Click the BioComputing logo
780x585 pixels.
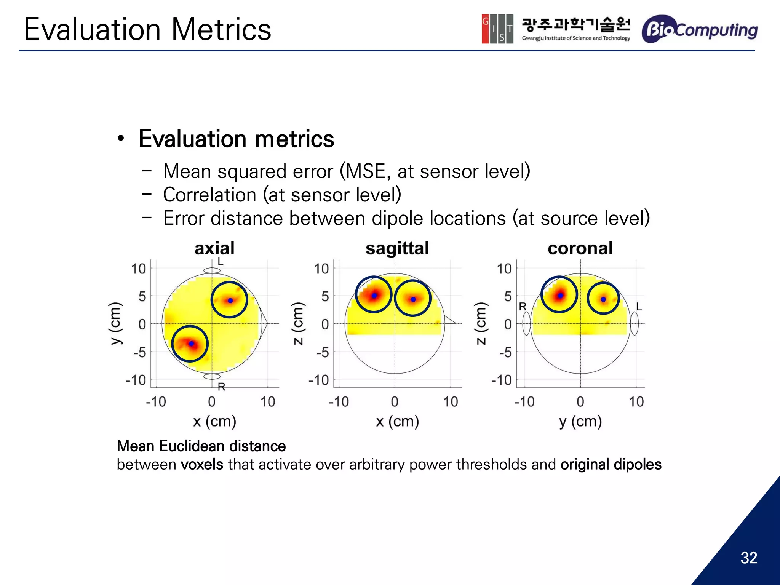click(699, 29)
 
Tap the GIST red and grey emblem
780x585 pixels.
click(497, 29)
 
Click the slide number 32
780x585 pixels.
click(748, 558)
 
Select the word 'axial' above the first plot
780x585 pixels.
click(214, 248)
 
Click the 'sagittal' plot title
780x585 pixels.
click(397, 248)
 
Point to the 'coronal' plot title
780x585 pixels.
click(580, 248)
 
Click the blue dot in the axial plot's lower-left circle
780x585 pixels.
click(192, 344)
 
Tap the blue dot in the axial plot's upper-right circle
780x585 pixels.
click(230, 300)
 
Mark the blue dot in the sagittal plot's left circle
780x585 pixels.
click(374, 296)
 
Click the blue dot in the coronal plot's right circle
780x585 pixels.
click(603, 299)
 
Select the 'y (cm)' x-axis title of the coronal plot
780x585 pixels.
click(580, 422)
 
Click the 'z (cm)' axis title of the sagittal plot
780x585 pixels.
click(298, 323)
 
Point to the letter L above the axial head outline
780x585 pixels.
click(220, 262)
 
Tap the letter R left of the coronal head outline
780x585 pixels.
click(523, 307)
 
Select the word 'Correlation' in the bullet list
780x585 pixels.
click(209, 195)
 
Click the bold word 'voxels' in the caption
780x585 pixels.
click(202, 465)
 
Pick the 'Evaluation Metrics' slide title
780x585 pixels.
click(147, 29)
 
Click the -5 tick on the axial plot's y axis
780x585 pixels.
click(140, 352)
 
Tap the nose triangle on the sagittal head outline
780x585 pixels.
click(449, 320)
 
